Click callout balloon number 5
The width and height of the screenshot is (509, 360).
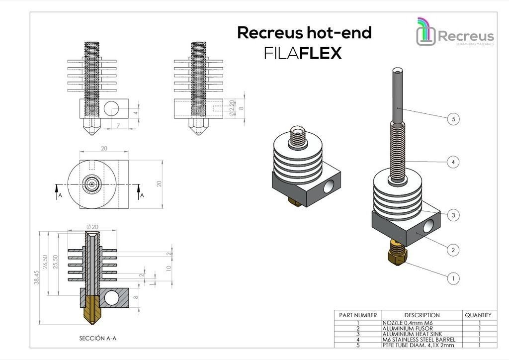[453, 119]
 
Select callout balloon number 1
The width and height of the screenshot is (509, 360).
[453, 278]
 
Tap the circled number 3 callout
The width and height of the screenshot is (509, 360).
[453, 215]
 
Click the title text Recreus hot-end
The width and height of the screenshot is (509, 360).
[304, 33]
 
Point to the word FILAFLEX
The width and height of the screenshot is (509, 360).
[303, 53]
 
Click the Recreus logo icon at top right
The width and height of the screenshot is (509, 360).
[425, 32]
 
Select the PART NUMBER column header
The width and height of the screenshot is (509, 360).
[358, 315]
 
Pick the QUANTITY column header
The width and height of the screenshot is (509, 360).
[480, 315]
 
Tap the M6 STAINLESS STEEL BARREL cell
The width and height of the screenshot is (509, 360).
[419, 340]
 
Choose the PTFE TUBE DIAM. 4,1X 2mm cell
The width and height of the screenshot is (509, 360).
[418, 345]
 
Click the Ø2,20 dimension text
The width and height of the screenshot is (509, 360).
[232, 108]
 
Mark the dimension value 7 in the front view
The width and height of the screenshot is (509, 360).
[118, 125]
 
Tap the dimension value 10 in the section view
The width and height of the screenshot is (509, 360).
[169, 268]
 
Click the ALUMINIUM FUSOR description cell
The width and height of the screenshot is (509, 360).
[408, 329]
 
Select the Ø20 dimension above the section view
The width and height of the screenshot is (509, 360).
[92, 227]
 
